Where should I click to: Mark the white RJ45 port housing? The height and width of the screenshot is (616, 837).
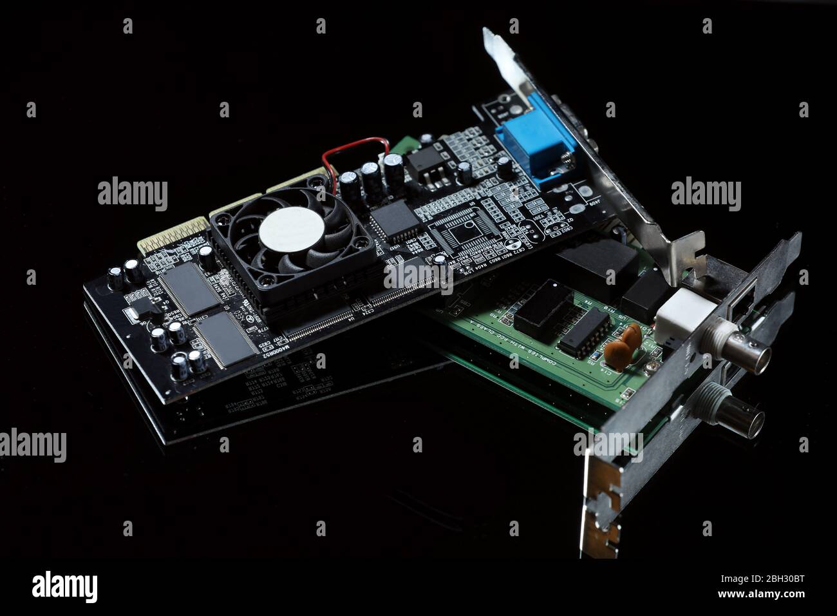coord(681,313)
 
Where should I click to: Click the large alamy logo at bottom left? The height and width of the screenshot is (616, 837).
coord(64,586)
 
